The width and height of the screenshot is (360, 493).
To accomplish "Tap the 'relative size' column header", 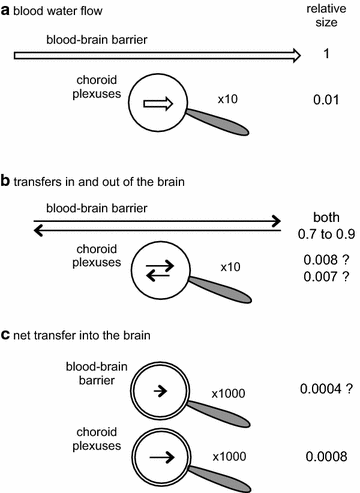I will [x=325, y=17].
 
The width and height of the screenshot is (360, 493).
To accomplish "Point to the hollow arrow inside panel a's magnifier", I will [x=158, y=103].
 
